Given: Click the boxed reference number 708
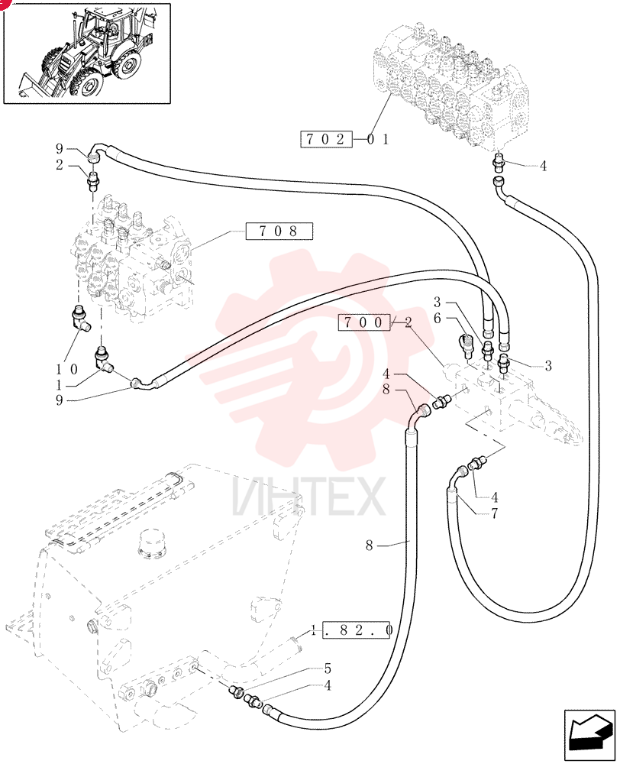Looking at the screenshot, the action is tap(279, 231).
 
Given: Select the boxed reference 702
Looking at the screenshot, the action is tap(326, 139).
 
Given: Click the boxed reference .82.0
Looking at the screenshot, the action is tap(358, 630).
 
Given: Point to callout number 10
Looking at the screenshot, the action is tap(66, 369).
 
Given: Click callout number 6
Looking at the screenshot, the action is tap(437, 318).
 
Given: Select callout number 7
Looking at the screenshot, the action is tap(494, 513).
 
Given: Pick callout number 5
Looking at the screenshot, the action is tap(328, 668).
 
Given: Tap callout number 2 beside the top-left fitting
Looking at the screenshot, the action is tap(60, 165).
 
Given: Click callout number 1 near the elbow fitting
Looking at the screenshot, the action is tap(60, 385).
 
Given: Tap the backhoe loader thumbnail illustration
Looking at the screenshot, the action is tap(87, 53).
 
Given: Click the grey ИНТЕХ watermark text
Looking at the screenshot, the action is tap(309, 496).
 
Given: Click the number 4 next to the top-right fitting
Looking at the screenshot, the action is tap(543, 166).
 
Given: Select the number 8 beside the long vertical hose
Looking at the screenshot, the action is tap(370, 545).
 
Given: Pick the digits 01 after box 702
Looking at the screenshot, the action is tap(378, 139).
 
